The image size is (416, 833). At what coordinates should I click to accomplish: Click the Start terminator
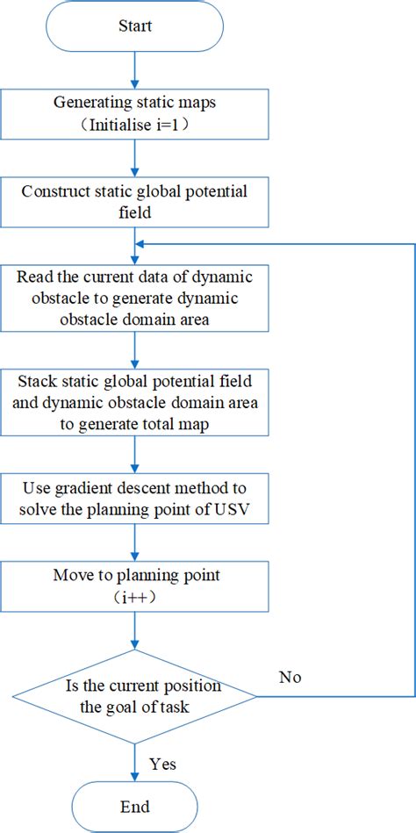(134, 25)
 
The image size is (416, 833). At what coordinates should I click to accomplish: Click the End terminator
(134, 807)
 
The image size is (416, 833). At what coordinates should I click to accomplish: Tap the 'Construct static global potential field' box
(134, 201)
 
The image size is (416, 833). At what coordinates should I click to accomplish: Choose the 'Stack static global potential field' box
(134, 401)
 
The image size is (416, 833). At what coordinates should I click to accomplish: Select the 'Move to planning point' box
(134, 585)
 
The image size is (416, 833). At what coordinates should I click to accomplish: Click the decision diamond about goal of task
(134, 697)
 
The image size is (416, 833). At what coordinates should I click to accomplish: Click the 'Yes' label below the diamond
(162, 764)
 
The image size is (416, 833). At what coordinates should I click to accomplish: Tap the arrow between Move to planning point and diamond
(134, 629)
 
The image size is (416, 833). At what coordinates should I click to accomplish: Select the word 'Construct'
(51, 191)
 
